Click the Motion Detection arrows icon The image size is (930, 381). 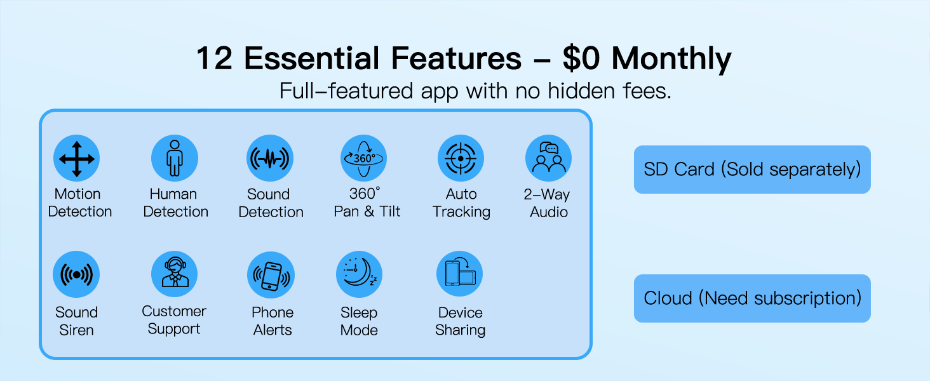77,158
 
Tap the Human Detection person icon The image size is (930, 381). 175,158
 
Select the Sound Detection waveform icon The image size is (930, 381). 270,158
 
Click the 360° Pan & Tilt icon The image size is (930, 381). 363,158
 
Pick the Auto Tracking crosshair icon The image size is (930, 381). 461,158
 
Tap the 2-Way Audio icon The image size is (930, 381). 548,158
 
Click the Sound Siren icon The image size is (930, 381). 76,275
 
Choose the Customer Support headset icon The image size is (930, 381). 174,274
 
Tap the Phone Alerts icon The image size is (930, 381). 271,275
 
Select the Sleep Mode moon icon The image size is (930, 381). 359,275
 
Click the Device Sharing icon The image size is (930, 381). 460,274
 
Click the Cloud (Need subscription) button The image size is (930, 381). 752,298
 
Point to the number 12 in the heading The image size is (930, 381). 214,59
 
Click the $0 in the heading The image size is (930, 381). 583,59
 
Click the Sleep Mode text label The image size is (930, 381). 359,321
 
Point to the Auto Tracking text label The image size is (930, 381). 461,203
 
